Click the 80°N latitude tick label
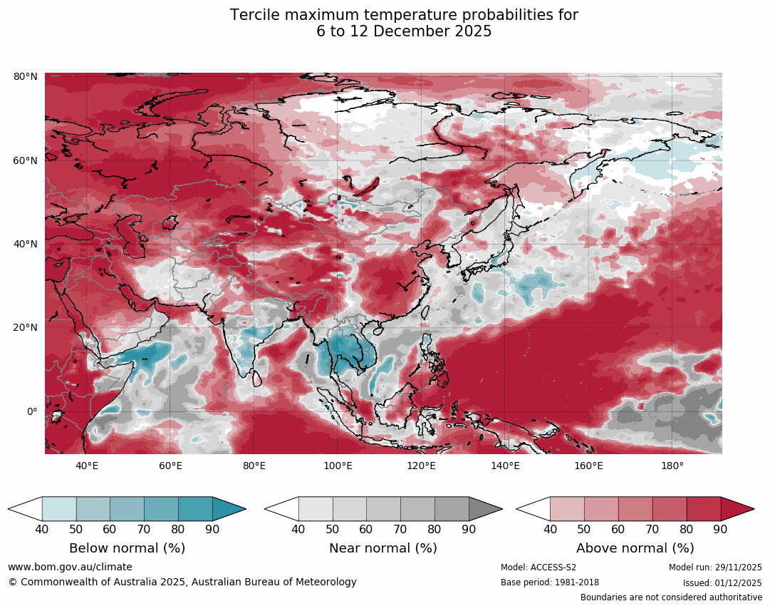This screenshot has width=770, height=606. tap(26, 76)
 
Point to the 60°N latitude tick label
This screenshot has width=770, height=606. tap(26, 160)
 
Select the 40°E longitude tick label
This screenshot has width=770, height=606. tap(87, 466)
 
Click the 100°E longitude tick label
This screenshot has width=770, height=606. tap(338, 466)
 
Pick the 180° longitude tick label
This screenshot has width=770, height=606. tap(672, 466)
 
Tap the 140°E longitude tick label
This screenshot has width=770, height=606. tap(505, 466)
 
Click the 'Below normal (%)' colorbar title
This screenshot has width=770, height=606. tap(127, 548)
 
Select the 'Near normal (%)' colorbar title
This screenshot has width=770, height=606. tap(383, 548)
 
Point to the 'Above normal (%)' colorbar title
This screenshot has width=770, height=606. tap(635, 548)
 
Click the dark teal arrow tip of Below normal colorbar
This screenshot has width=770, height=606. tap(229, 509)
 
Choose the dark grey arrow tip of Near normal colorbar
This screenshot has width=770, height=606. tap(486, 509)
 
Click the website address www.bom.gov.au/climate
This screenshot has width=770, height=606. tap(70, 567)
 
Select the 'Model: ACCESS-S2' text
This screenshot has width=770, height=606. tap(539, 568)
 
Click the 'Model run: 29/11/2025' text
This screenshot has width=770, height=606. tap(715, 568)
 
